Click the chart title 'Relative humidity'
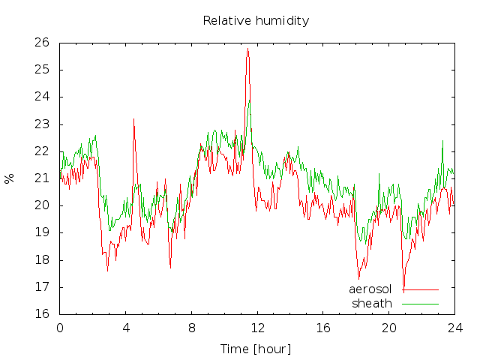(x=256, y=21)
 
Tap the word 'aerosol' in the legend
(x=370, y=289)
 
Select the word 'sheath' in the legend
(x=372, y=304)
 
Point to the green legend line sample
(x=420, y=304)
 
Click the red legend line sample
(x=420, y=289)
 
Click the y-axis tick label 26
(x=42, y=43)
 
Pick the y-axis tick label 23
(x=42, y=124)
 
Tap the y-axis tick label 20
(x=42, y=205)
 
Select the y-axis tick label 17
(x=42, y=287)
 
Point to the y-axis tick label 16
(x=42, y=314)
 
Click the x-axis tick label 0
(x=60, y=328)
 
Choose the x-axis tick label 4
(x=126, y=328)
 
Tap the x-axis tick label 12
(x=258, y=328)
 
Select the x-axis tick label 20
(x=389, y=328)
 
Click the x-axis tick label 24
(x=455, y=328)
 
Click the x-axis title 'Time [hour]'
(x=256, y=349)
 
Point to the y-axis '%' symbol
(x=10, y=178)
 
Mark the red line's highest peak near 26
(x=248, y=49)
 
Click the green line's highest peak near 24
(x=250, y=100)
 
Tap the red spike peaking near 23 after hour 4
(x=133, y=119)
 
